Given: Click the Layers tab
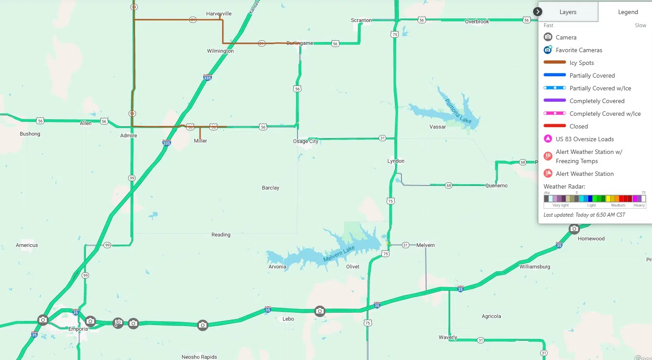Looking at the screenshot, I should click(x=568, y=12).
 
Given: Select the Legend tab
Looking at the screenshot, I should click(x=628, y=12).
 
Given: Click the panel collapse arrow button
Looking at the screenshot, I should click(x=537, y=12).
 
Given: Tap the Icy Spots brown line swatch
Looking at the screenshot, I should click(x=555, y=63).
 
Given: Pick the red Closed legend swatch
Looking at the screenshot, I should click(x=555, y=126).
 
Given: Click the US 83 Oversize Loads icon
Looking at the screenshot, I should click(x=548, y=139).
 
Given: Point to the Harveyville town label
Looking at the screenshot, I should click(x=219, y=14).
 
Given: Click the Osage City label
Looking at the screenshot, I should click(x=305, y=142).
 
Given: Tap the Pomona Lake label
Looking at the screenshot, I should click(x=458, y=111).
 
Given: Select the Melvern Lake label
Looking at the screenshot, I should click(x=339, y=253).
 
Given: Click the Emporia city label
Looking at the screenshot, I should click(x=78, y=329).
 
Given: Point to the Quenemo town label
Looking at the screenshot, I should click(x=496, y=186).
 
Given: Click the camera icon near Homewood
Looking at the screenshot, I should click(x=574, y=229).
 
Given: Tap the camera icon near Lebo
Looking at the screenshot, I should click(x=320, y=311).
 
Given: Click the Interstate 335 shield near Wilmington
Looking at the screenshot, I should click(x=208, y=78).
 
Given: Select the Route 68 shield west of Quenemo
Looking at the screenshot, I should click(x=448, y=185).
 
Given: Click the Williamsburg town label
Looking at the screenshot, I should click(x=534, y=267).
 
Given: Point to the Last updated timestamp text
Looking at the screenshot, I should click(x=584, y=215).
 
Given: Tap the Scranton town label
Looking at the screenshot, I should click(x=361, y=20).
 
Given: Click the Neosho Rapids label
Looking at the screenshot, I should click(x=199, y=357).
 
